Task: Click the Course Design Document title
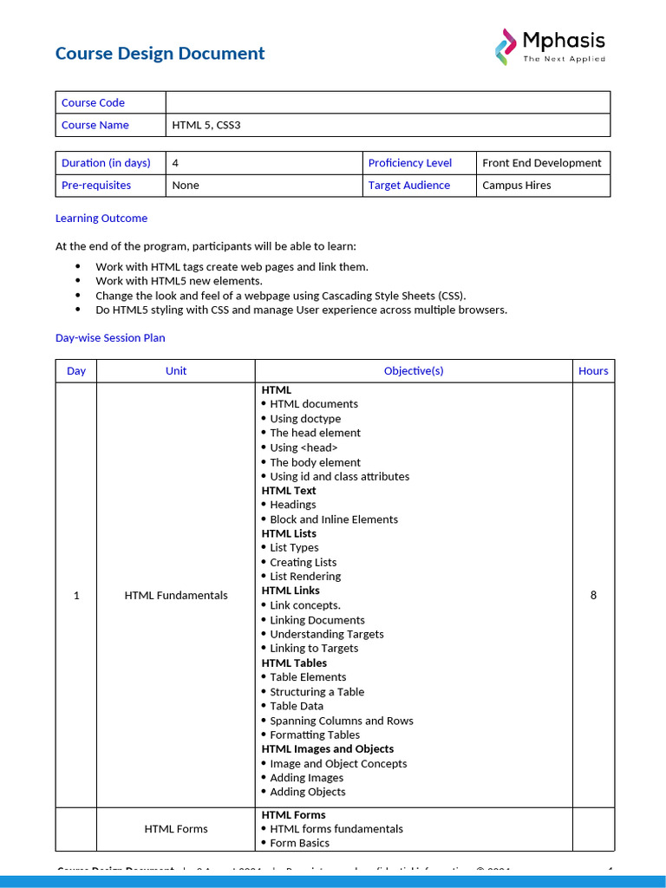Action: click(160, 54)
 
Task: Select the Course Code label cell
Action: click(93, 102)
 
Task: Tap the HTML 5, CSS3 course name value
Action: click(206, 125)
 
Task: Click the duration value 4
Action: click(176, 163)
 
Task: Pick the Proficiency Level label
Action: click(409, 163)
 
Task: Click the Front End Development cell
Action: click(541, 163)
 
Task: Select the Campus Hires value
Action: click(516, 186)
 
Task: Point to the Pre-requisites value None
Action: click(186, 186)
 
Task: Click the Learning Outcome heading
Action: click(101, 219)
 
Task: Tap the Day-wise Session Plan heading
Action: click(110, 338)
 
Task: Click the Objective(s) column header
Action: click(414, 371)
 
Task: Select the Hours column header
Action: click(593, 371)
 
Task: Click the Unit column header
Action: click(176, 371)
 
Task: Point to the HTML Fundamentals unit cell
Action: click(176, 596)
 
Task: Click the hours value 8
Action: click(593, 596)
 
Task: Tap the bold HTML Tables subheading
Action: click(294, 663)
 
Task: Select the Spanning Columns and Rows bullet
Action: click(341, 721)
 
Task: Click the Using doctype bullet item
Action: click(305, 419)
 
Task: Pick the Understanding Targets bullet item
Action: click(326, 634)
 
